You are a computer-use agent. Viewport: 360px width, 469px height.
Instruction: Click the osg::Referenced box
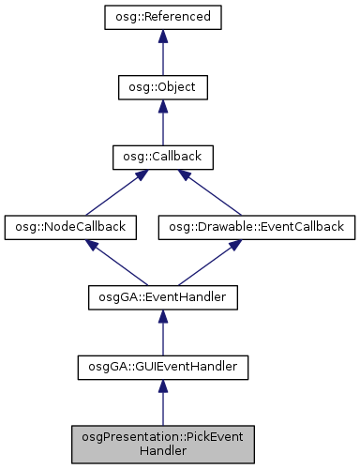[x=162, y=18]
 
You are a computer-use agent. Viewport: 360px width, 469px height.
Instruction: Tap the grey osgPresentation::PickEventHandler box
[x=162, y=442]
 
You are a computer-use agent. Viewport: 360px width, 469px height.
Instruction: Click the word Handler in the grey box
[x=162, y=449]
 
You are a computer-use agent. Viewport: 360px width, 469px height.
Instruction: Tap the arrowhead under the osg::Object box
[x=162, y=107]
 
